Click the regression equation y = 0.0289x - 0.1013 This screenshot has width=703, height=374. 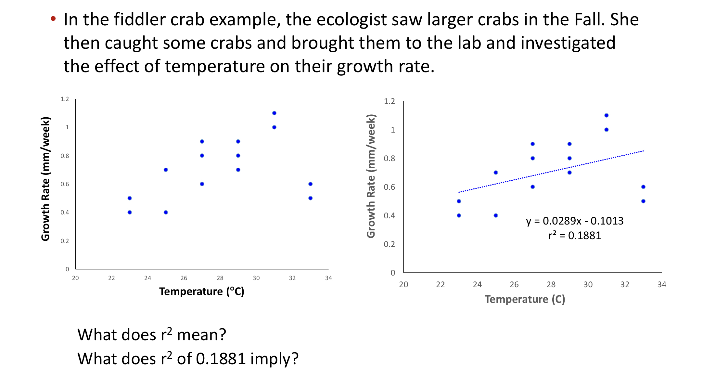(574, 221)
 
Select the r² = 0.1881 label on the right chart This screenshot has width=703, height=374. (574, 235)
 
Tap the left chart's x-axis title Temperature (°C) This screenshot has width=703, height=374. (201, 291)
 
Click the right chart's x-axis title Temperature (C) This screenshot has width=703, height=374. (525, 299)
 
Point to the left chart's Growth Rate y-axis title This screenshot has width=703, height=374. (45, 179)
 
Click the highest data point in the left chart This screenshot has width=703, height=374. (274, 113)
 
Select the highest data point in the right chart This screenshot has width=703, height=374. (606, 115)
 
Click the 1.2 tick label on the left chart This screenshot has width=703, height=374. (65, 99)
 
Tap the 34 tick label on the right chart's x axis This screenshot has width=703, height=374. (661, 285)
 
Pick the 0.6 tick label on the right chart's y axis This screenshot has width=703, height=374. (389, 187)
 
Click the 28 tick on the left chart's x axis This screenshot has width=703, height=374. (220, 278)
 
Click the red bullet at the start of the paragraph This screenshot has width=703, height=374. (53, 18)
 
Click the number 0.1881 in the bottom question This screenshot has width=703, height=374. (221, 359)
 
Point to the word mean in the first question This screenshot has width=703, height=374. (201, 335)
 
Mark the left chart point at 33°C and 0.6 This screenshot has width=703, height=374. (310, 184)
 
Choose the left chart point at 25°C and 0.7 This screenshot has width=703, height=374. (166, 170)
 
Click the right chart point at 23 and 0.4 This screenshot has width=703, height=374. (459, 215)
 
